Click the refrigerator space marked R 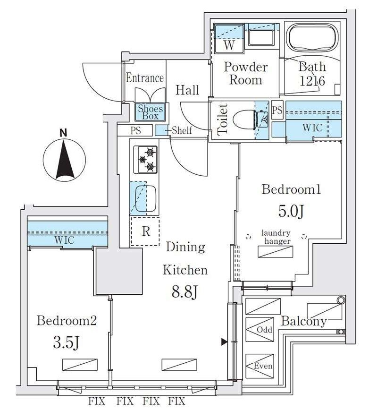pos(146,231)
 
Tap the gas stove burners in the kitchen pos(146,159)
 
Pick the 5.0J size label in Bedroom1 pos(291,211)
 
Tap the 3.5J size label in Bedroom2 pos(67,342)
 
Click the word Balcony pos(304,322)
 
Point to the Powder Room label pos(245,73)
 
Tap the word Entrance pos(145,78)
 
